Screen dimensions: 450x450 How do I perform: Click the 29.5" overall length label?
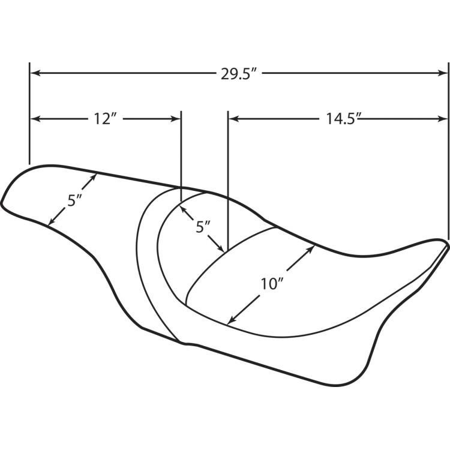239,74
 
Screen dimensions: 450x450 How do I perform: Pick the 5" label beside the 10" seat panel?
203,227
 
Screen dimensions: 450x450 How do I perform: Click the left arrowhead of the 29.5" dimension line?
34,73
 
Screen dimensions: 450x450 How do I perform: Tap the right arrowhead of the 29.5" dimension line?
443,73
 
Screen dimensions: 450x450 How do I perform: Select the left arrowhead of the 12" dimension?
34,119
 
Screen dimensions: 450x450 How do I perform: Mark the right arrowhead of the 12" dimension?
177,119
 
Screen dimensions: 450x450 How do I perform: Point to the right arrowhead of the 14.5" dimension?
443,119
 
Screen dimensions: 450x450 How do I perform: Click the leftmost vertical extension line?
29,114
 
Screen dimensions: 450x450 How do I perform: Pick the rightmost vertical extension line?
448,150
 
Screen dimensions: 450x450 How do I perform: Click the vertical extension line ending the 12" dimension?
181,150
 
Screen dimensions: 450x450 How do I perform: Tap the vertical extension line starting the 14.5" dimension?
227,180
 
